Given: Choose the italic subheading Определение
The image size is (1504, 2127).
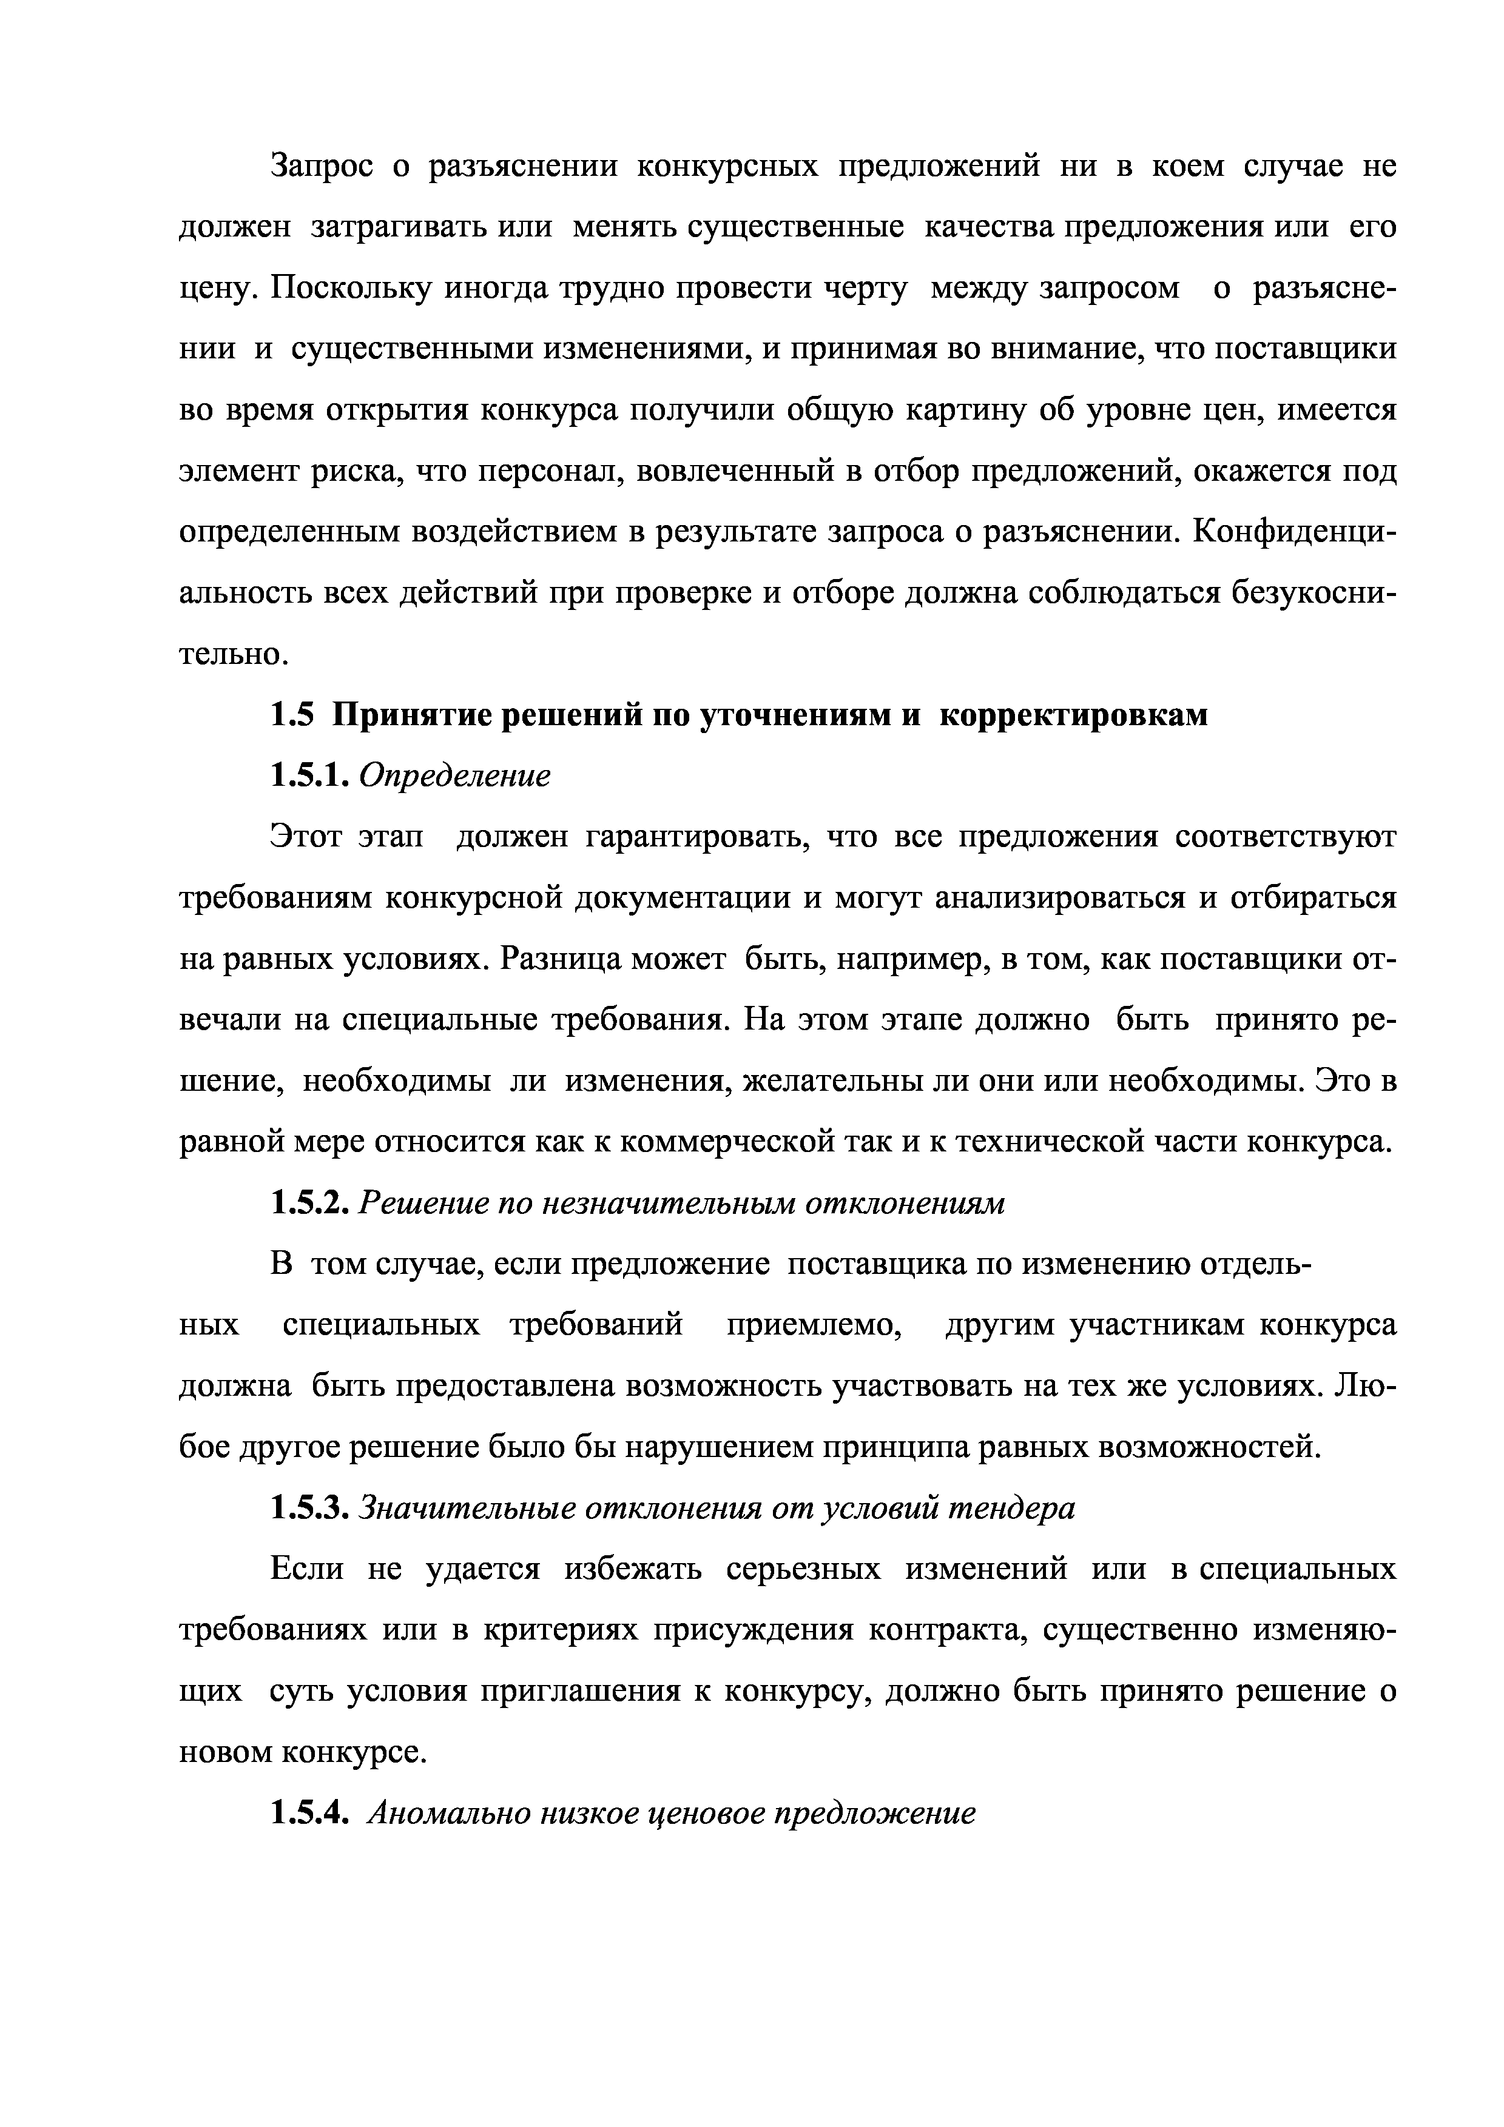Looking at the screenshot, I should pyautogui.click(x=454, y=776).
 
